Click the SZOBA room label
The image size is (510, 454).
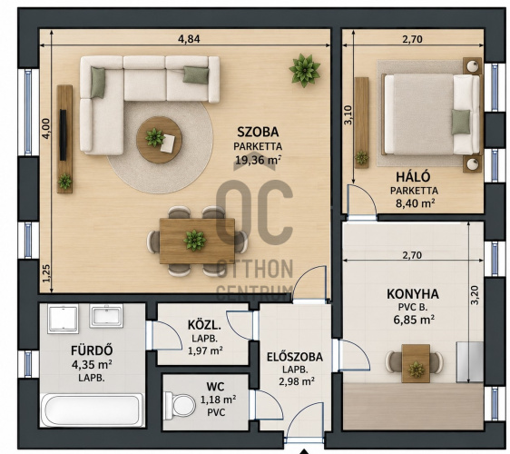tap(258, 132)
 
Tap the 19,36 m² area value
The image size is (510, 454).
tap(258, 160)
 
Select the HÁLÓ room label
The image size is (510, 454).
tap(413, 177)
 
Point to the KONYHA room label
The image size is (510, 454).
tap(412, 294)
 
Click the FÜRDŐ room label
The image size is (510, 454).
tap(92, 350)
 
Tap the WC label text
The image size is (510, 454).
tap(215, 387)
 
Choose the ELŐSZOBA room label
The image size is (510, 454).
tap(295, 357)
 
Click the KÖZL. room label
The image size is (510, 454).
tap(204, 325)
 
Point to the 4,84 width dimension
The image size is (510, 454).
tap(189, 39)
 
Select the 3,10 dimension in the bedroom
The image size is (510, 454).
tap(348, 114)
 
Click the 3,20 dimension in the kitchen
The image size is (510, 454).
tap(475, 295)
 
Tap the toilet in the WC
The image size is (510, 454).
tap(180, 405)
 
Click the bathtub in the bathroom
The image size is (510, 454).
tap(93, 410)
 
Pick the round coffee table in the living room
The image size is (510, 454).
tap(159, 140)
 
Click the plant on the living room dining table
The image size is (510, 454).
tap(194, 241)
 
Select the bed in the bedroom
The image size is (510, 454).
tap(432, 113)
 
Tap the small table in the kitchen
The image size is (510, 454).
tap(416, 363)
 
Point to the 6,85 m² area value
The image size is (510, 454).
tap(414, 320)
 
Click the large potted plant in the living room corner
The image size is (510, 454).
tap(304, 70)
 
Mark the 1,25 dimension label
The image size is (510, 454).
tap(46, 273)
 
